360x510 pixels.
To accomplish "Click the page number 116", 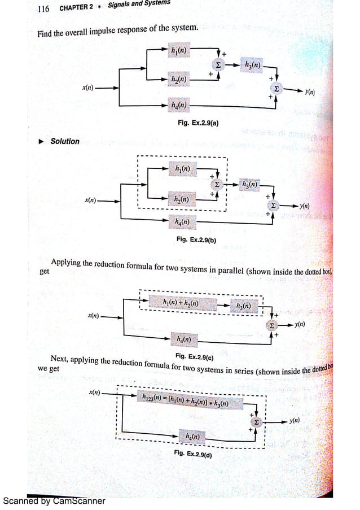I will click(43, 9).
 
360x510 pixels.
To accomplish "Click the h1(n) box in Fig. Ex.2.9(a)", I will click(179, 51).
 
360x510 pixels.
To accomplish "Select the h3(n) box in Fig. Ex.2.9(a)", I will click(252, 65).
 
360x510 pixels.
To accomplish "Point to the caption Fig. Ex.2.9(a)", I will click(197, 122).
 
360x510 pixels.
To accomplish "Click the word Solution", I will click(65, 141).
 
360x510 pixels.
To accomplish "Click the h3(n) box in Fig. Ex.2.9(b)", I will click(249, 184).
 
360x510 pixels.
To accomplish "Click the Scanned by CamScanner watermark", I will click(54, 500).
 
